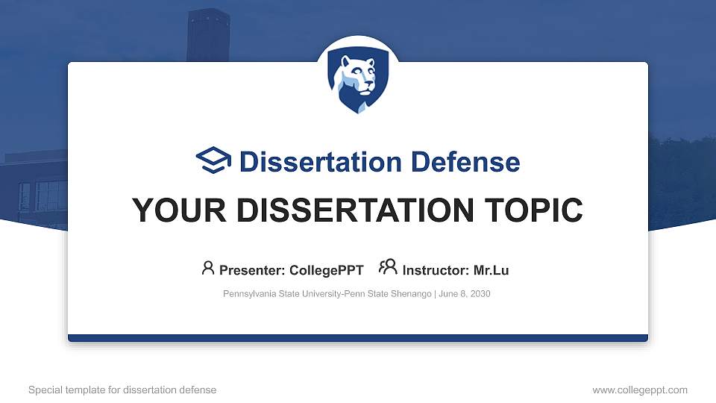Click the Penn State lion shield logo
point(358,81)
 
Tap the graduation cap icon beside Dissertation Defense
point(214,161)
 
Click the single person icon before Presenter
point(208,268)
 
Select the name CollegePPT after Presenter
point(327,270)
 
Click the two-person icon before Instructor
point(388,268)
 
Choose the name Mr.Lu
point(491,270)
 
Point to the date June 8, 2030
point(465,294)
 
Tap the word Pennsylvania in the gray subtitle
point(249,294)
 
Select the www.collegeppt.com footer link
point(640,390)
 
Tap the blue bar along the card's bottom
point(358,338)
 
